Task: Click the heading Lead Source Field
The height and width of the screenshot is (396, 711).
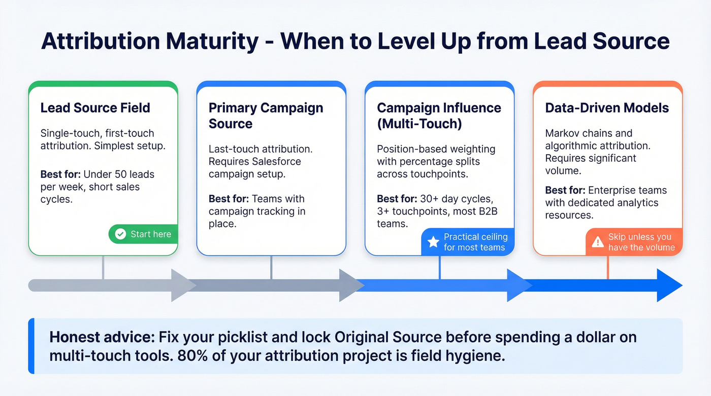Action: coord(95,108)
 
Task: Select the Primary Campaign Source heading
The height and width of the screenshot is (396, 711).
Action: coord(266,116)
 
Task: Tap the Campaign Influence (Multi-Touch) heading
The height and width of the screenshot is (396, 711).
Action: coord(439,116)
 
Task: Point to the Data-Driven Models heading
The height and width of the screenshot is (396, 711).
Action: coord(607,108)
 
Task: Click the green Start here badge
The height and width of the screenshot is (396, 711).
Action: coord(143,234)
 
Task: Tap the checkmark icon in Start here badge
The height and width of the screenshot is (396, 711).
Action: coord(120,234)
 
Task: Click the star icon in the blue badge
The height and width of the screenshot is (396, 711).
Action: coord(433,242)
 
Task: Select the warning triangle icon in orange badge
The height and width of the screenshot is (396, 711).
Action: coord(599,241)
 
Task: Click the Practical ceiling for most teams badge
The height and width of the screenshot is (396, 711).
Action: coord(467,242)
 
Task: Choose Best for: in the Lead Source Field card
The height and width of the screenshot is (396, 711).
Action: coord(60,174)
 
